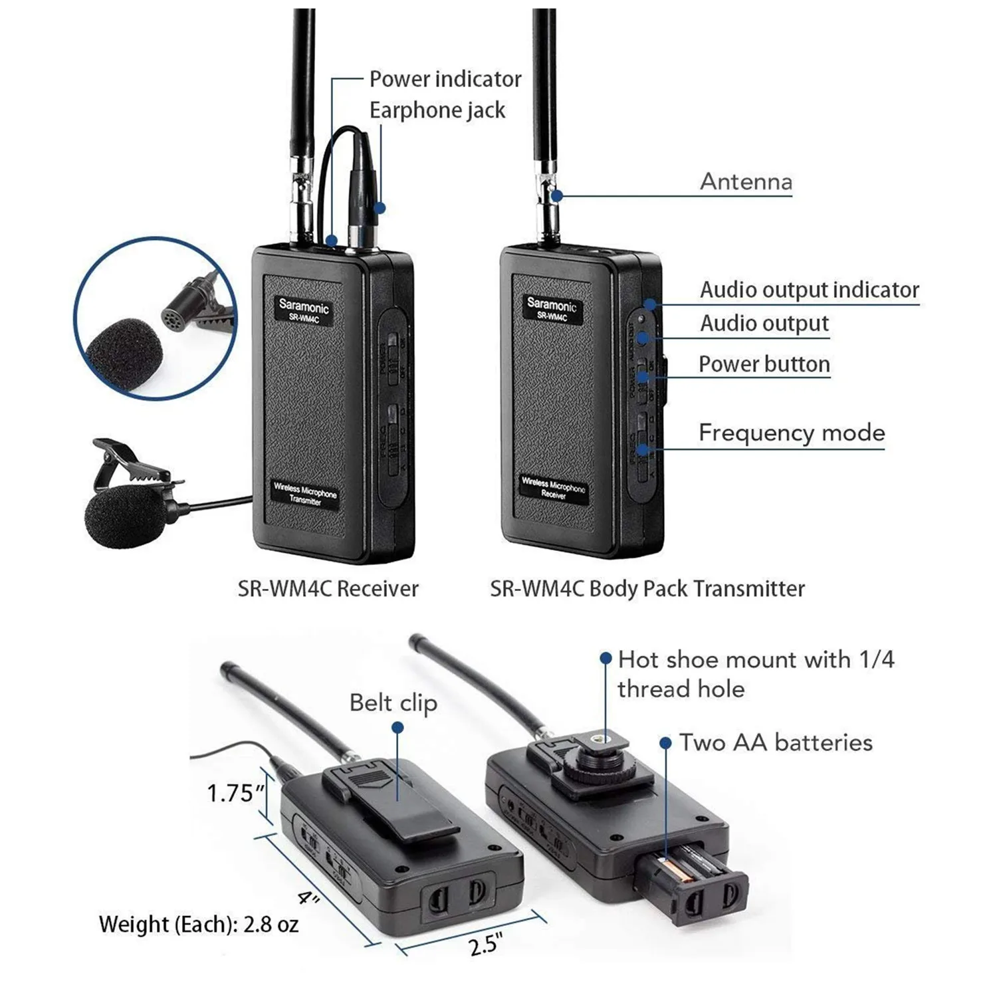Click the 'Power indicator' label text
point(445,79)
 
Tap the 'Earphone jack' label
point(437,110)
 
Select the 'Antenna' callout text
point(746,181)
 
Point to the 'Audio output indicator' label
point(809,290)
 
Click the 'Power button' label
point(764,364)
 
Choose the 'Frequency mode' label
point(791,433)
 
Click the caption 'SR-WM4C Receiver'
point(328,588)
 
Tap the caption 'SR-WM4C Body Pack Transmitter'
point(647,588)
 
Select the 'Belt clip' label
point(393,703)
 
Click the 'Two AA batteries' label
point(775,742)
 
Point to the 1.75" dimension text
point(235,792)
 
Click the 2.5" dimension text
point(485,944)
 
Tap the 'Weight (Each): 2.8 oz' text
point(198,924)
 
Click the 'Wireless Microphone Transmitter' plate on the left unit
point(305,494)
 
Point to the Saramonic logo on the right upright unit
point(551,305)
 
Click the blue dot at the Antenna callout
point(556,195)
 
